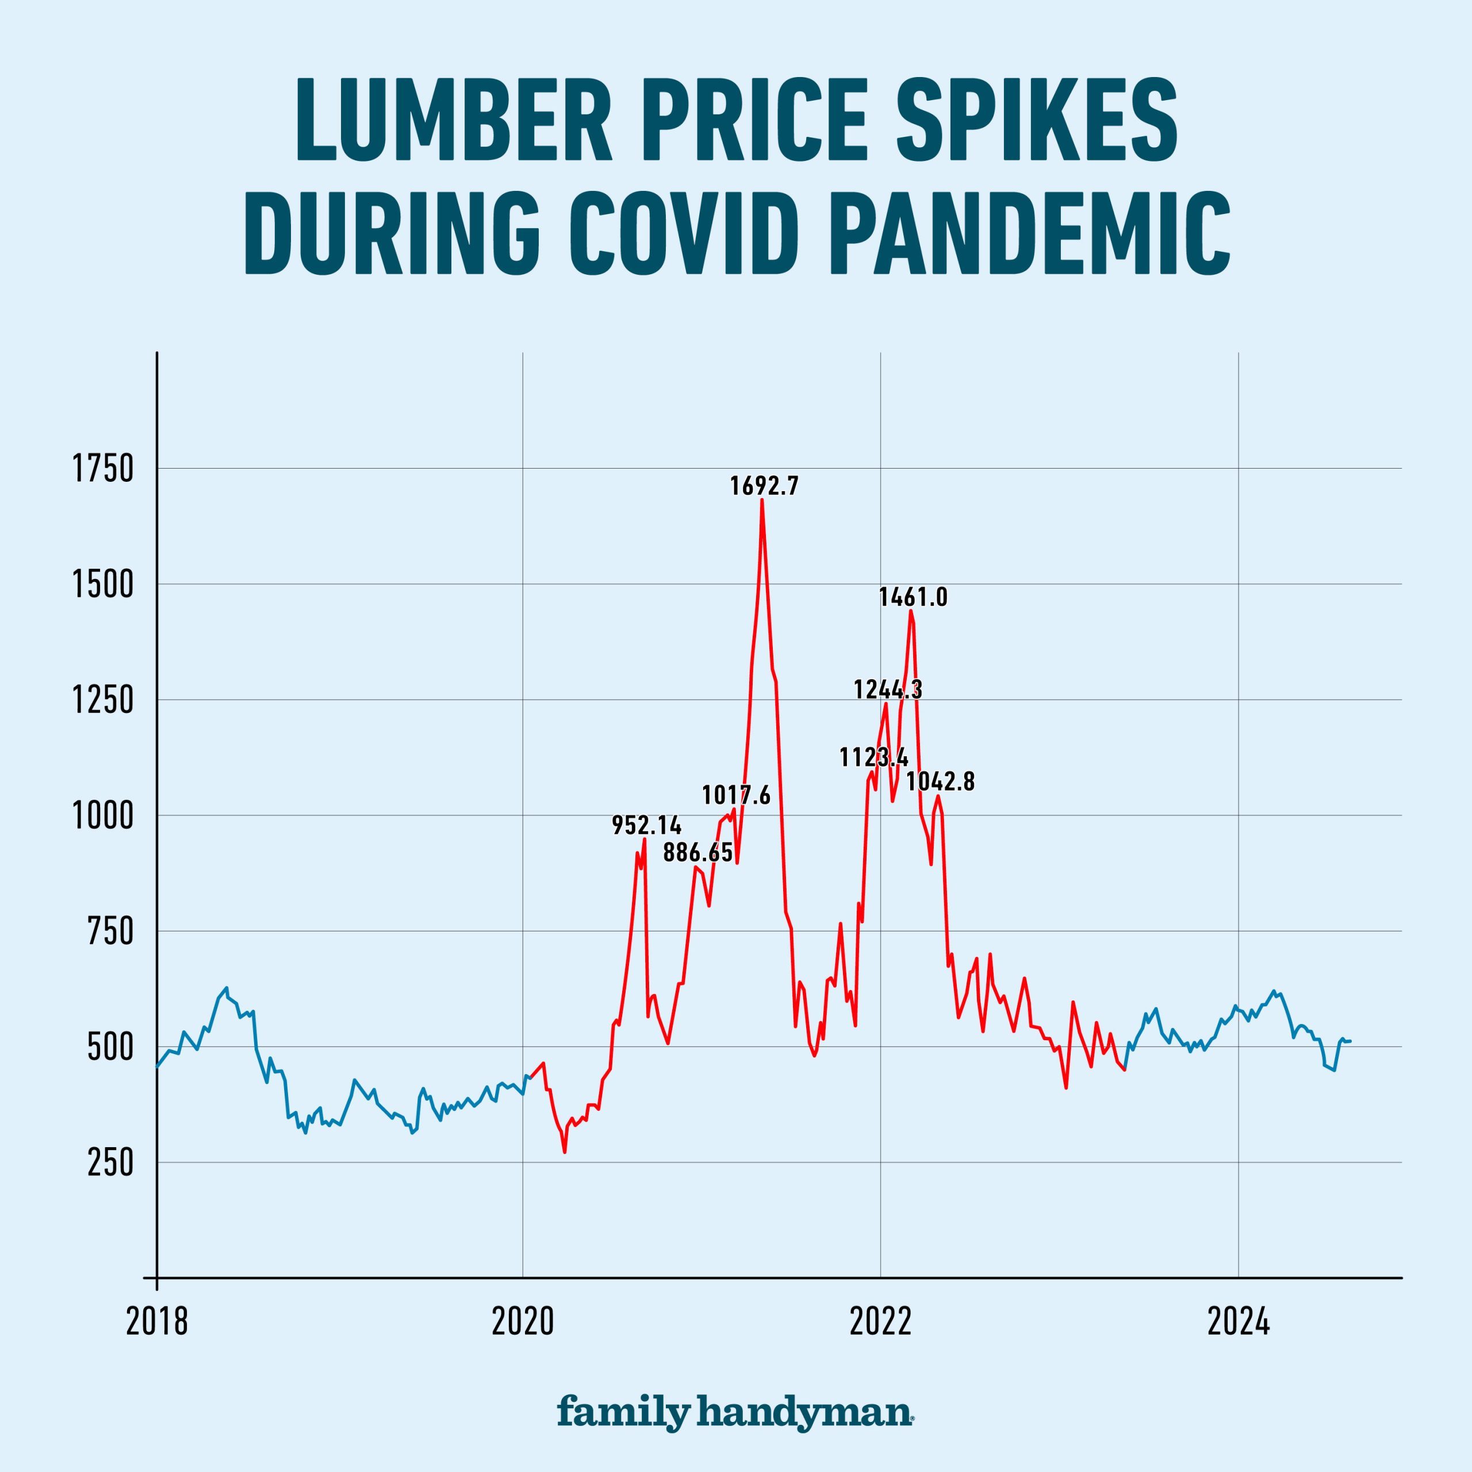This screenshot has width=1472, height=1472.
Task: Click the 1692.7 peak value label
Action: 764,486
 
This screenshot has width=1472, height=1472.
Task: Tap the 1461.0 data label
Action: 913,597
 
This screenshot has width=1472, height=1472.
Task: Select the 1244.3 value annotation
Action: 888,689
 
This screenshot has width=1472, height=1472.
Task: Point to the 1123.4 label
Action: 874,757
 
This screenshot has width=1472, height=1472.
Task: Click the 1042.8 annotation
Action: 940,782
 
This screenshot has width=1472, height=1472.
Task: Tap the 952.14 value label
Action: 647,825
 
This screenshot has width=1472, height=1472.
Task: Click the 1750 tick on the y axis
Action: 102,469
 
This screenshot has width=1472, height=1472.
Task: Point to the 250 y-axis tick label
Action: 110,1163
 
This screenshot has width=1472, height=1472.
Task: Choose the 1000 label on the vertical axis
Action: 102,816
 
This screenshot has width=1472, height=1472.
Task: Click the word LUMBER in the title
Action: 454,120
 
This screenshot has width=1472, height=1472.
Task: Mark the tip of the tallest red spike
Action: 762,501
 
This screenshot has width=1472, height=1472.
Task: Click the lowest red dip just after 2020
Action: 565,1152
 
